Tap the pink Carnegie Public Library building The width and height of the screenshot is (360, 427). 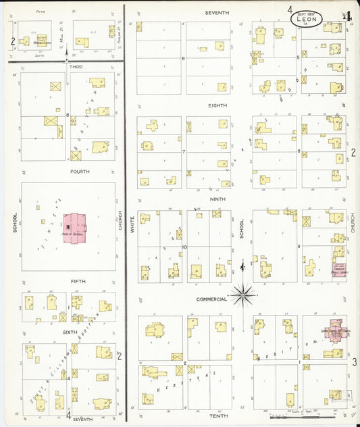(x=338, y=269)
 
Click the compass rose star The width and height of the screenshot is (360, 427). (x=242, y=294)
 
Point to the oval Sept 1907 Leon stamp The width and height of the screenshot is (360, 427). (x=307, y=18)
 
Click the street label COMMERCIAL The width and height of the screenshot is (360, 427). (x=211, y=299)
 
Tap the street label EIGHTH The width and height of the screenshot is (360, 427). (x=217, y=105)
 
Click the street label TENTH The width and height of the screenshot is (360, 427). (x=217, y=416)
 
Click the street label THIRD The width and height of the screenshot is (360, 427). (x=76, y=66)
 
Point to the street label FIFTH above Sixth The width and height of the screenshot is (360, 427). (x=78, y=280)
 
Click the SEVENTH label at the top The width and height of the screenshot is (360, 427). (x=217, y=13)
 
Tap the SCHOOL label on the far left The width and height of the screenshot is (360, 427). (x=14, y=225)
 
